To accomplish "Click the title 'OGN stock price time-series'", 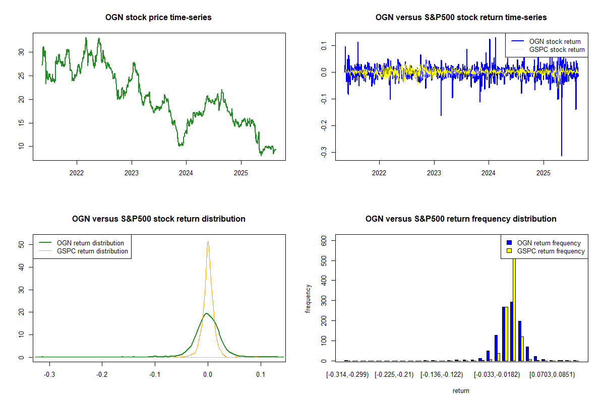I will pyautogui.click(x=158, y=18).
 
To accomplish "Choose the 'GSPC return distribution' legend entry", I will pyautogui.click(x=92, y=251).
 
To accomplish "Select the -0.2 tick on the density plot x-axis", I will pyautogui.click(x=102, y=374).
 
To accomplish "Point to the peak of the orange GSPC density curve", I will pyautogui.click(x=208, y=242).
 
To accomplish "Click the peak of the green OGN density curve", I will pyautogui.click(x=206, y=313).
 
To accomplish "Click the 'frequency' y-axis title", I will pyautogui.click(x=308, y=299).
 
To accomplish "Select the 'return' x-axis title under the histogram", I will pyautogui.click(x=460, y=390).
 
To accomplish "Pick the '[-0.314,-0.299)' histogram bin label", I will pyautogui.click(x=347, y=374).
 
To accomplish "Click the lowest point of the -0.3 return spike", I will pyautogui.click(x=561, y=155).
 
